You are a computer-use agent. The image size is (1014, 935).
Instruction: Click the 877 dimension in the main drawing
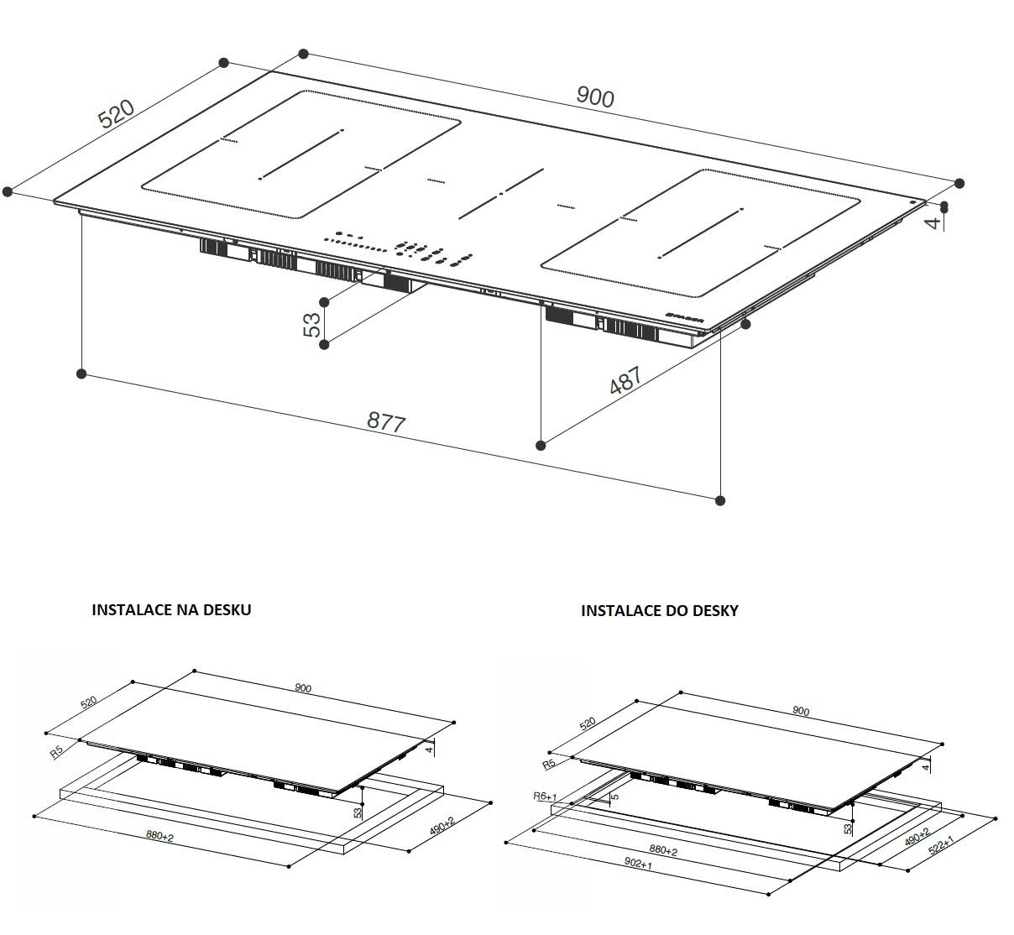(x=386, y=422)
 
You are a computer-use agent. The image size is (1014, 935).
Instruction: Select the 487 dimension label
(x=626, y=380)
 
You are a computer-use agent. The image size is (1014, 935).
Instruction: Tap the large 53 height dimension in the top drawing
(x=312, y=324)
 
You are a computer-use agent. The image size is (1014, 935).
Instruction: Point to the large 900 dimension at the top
(x=595, y=97)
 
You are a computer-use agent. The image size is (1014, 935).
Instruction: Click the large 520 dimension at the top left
(x=117, y=113)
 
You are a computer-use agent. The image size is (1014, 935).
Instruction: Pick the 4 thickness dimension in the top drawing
(x=933, y=222)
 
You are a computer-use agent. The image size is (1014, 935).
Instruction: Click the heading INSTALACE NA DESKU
(x=171, y=609)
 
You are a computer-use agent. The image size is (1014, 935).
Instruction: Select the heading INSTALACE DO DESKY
(x=660, y=611)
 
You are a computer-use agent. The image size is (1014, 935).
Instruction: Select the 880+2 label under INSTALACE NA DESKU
(x=159, y=836)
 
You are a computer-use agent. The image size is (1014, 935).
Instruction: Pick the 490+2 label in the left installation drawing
(x=442, y=825)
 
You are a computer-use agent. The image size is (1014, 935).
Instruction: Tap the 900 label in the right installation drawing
(x=801, y=711)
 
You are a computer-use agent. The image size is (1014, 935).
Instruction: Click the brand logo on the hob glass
(x=685, y=317)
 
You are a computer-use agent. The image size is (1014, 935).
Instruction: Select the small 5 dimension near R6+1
(x=615, y=797)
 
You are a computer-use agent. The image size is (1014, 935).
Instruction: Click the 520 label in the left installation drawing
(x=88, y=703)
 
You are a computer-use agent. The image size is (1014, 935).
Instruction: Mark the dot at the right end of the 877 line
(x=720, y=500)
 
